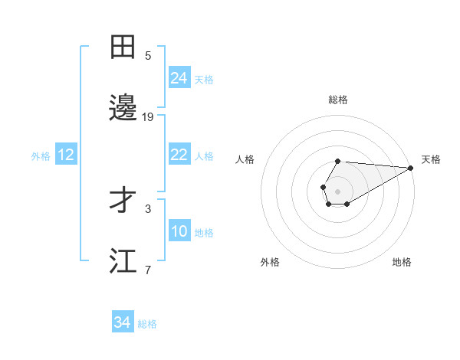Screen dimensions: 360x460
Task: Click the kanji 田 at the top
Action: coord(123,47)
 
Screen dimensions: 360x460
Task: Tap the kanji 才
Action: coord(123,201)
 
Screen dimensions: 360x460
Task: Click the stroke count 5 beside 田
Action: coord(148,56)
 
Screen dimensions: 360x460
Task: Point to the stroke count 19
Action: coord(148,117)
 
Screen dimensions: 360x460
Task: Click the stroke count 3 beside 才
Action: coord(148,208)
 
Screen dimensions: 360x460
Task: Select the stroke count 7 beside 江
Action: coord(148,270)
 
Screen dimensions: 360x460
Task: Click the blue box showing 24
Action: coord(179,78)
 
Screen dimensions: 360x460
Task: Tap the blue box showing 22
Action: coord(179,155)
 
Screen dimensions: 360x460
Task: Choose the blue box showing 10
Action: coord(179,231)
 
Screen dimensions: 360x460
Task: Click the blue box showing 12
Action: coord(66,155)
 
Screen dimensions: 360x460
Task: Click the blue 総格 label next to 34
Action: coord(148,324)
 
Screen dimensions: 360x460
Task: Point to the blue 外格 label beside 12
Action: coord(41,155)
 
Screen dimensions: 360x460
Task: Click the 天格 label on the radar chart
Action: coord(431,159)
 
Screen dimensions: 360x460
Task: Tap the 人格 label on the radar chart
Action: coord(245,159)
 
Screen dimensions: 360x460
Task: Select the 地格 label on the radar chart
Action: coord(402,262)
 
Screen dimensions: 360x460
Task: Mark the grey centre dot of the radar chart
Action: coord(337,190)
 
